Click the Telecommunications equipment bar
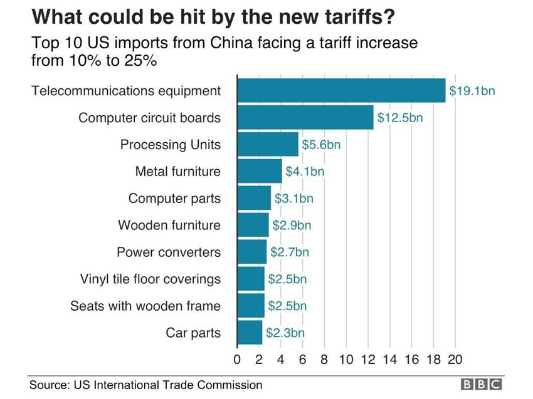pyautogui.click(x=341, y=91)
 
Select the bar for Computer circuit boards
pyautogui.click(x=305, y=118)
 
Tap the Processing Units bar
pyautogui.click(x=268, y=145)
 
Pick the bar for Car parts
pyautogui.click(x=250, y=333)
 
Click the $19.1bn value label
pyautogui.click(x=472, y=91)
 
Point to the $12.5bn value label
pyautogui.click(x=399, y=118)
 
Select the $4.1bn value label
pyautogui.click(x=305, y=172)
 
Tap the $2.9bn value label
pyautogui.click(x=292, y=225)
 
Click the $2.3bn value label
pyautogui.click(x=285, y=333)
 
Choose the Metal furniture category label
pyautogui.click(x=178, y=172)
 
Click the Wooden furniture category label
pyautogui.click(x=169, y=225)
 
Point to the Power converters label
pyautogui.click(x=169, y=252)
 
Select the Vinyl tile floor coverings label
pyautogui.click(x=150, y=279)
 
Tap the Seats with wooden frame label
pyautogui.click(x=145, y=306)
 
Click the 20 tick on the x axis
pyautogui.click(x=455, y=360)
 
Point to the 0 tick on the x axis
pyautogui.click(x=237, y=360)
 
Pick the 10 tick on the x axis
pyautogui.click(x=346, y=360)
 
